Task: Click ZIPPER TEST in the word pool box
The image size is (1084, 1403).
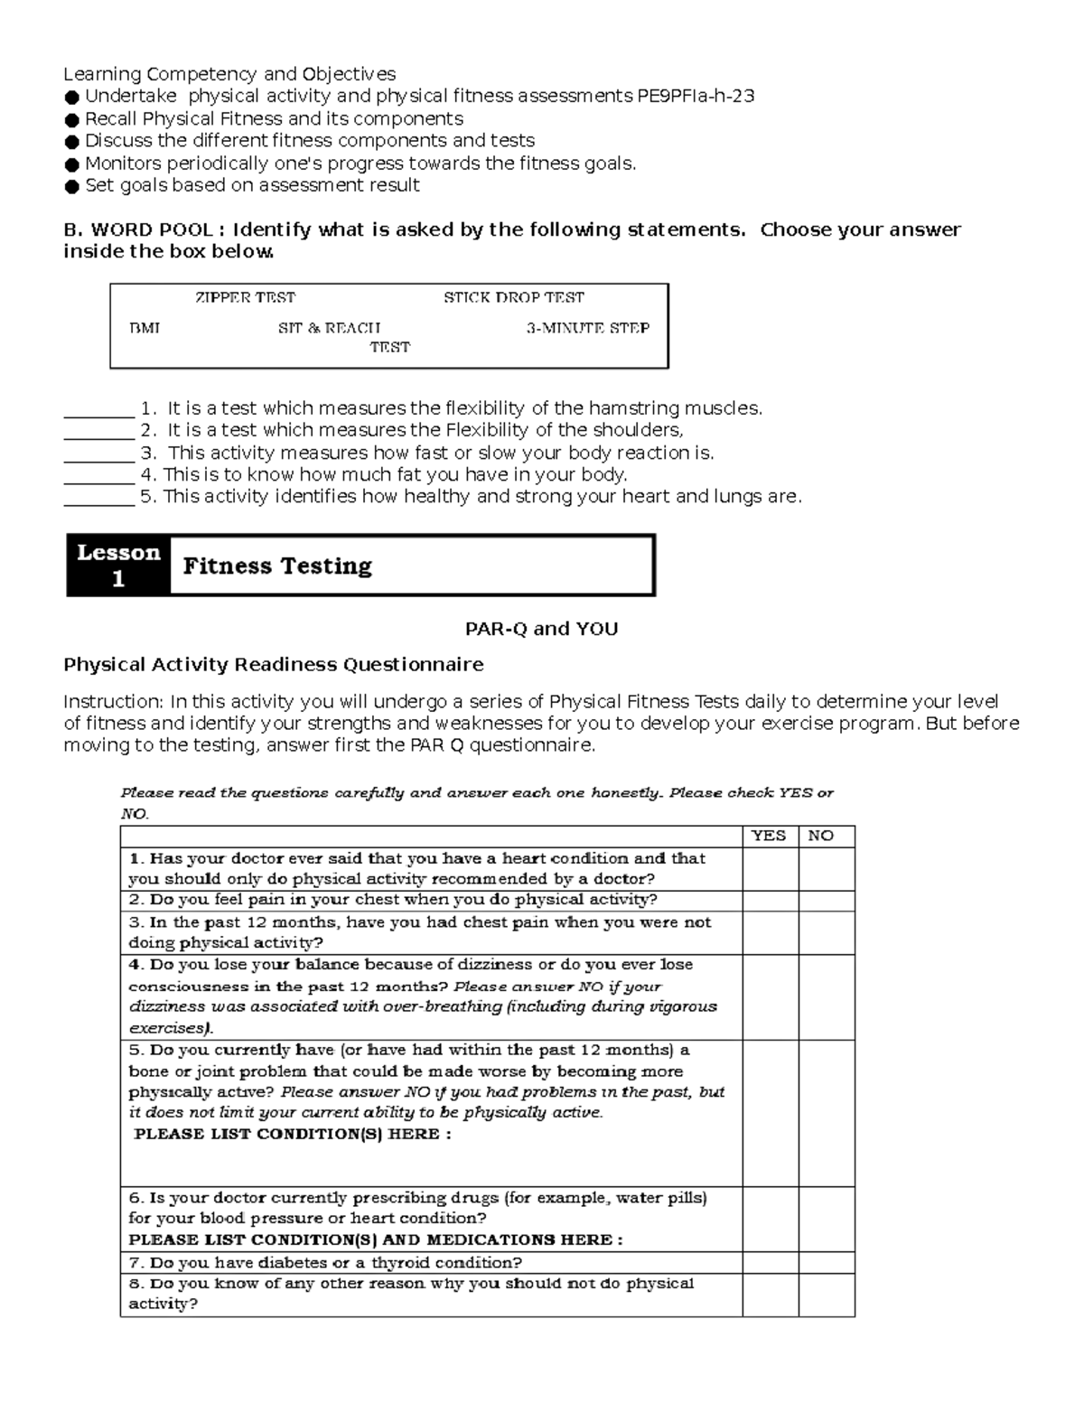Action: (245, 297)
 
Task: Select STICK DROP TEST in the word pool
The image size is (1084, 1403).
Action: (513, 297)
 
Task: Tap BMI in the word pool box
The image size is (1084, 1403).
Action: (145, 328)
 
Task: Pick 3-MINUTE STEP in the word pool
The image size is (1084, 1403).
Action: (587, 328)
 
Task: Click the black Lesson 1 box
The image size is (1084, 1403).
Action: (118, 566)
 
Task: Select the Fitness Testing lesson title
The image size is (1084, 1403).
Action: (277, 566)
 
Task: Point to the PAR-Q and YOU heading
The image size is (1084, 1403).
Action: (541, 629)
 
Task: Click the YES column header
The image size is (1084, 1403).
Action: (770, 836)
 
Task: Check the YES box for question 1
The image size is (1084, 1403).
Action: (770, 868)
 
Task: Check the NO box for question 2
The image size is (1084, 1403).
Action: (826, 900)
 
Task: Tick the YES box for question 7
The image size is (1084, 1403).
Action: (770, 1262)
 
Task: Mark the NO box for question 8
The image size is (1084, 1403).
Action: (826, 1294)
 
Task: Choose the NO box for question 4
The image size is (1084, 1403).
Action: (826, 996)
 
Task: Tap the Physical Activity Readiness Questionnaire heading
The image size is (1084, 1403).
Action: (273, 665)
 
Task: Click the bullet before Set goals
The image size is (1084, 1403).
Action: (71, 187)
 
